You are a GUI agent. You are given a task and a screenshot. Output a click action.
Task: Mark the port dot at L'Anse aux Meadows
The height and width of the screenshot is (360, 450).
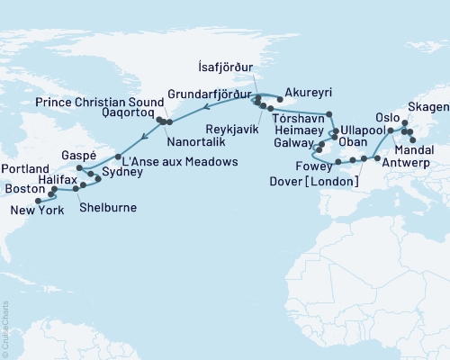click(118, 157)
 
